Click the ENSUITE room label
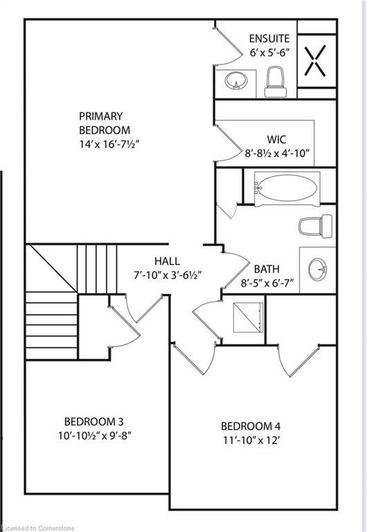(x=269, y=39)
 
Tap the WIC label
(x=277, y=139)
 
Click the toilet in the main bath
(x=310, y=225)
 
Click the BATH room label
(x=267, y=269)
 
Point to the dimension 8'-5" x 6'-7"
(x=267, y=283)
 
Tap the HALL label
(x=167, y=261)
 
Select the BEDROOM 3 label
(x=93, y=422)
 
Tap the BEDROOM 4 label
(x=250, y=426)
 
